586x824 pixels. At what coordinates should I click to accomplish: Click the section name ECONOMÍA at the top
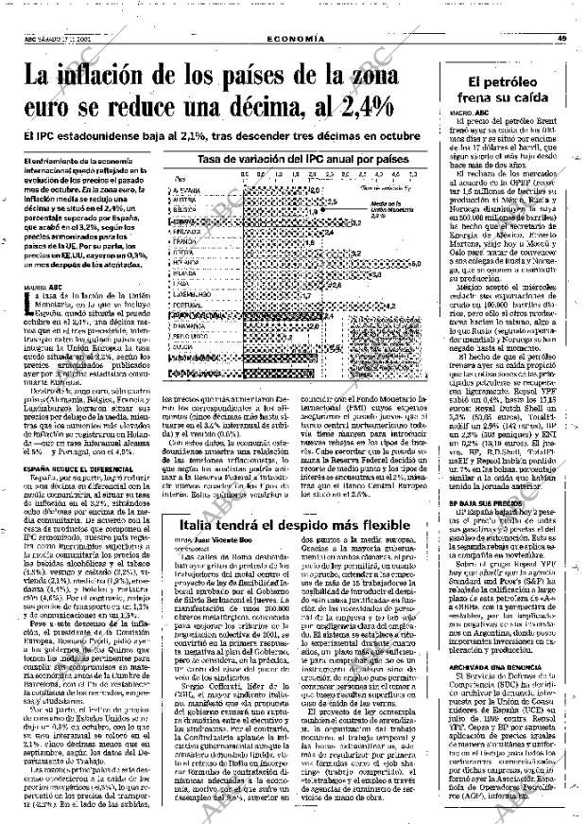tap(295, 38)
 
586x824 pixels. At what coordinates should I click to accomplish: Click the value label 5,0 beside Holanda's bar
tap(416, 264)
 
